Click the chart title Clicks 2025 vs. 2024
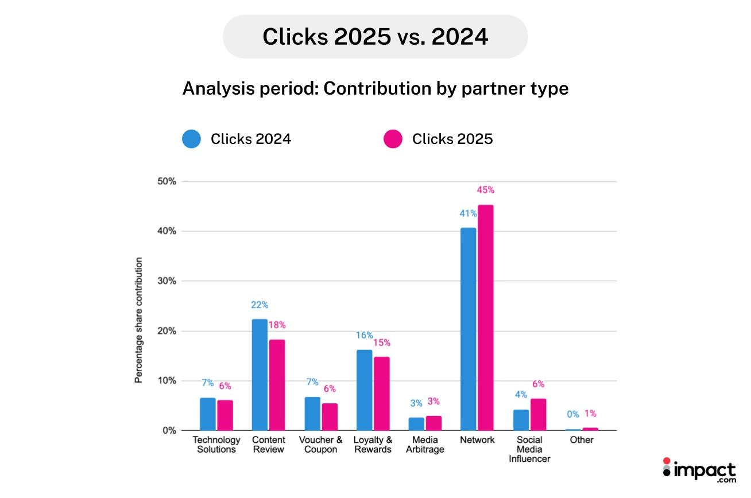[x=375, y=37]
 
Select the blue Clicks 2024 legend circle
[x=192, y=139]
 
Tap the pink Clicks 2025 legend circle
[x=393, y=139]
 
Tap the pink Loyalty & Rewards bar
[x=381, y=394]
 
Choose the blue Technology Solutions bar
[x=207, y=414]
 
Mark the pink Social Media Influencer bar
[x=538, y=414]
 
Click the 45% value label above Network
[x=485, y=190]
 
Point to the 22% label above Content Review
[x=259, y=305]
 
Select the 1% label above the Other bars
[x=591, y=413]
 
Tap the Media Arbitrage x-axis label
[x=425, y=445]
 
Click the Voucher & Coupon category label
[x=320, y=445]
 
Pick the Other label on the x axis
[x=582, y=440]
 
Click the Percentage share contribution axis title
[x=138, y=320]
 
